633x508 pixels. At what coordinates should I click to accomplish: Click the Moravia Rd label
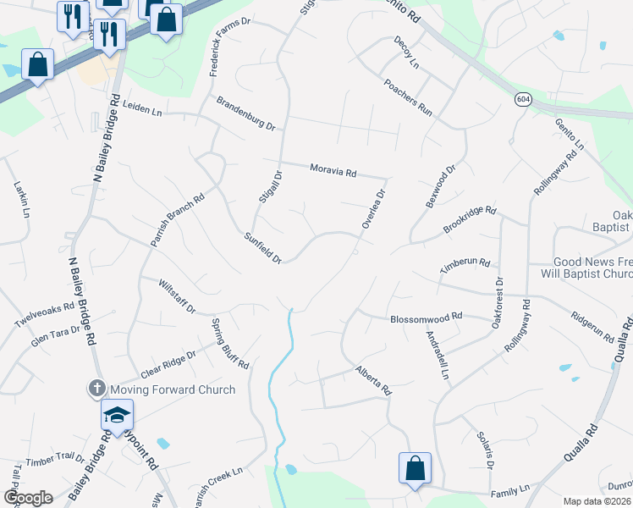pyautogui.click(x=333, y=170)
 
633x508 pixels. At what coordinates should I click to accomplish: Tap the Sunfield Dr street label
pyautogui.click(x=262, y=247)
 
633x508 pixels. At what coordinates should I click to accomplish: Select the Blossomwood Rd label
pyautogui.click(x=426, y=318)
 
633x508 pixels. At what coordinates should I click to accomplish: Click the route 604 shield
pyautogui.click(x=522, y=99)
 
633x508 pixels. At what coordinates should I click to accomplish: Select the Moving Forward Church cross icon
pyautogui.click(x=96, y=389)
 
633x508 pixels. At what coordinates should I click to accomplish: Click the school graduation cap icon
pyautogui.click(x=117, y=415)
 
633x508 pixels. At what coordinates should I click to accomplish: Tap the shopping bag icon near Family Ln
pyautogui.click(x=415, y=469)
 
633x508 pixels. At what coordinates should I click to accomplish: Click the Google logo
pyautogui.click(x=27, y=498)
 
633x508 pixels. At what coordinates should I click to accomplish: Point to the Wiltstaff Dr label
pyautogui.click(x=177, y=296)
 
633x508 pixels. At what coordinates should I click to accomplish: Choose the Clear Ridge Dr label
pyautogui.click(x=168, y=365)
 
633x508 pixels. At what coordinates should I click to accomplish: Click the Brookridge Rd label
pyautogui.click(x=470, y=219)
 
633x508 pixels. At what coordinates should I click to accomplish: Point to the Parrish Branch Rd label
pyautogui.click(x=179, y=222)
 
